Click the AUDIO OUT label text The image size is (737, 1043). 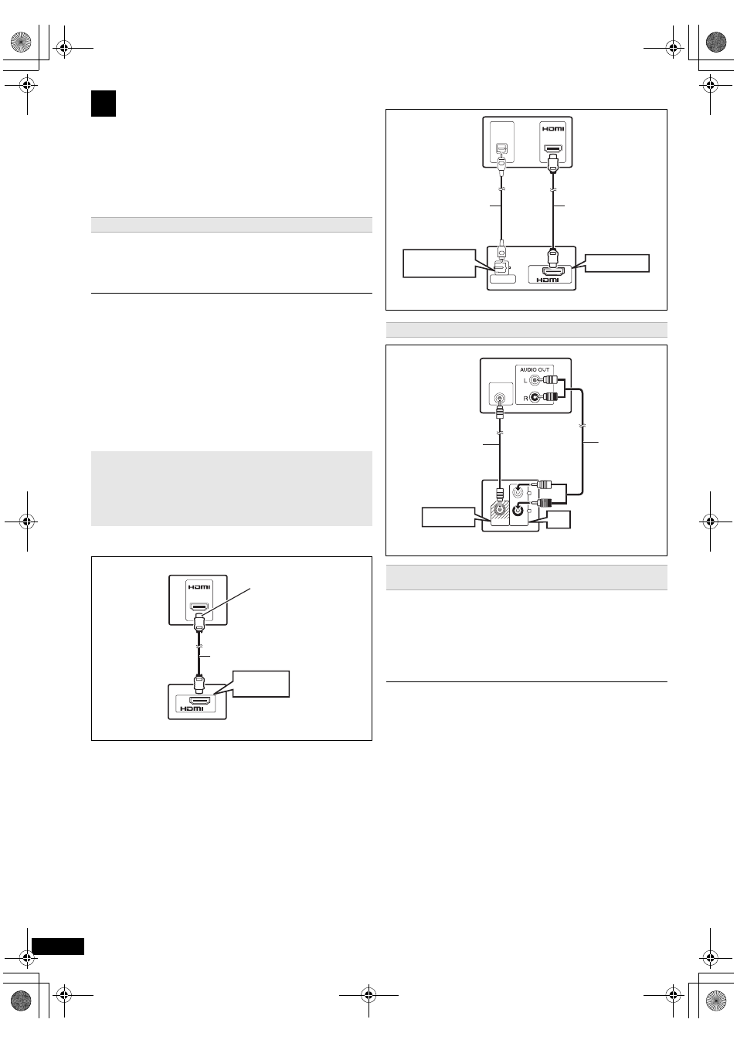tap(535, 369)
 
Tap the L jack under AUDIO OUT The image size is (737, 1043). tap(535, 380)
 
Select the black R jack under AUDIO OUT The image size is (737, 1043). tap(535, 397)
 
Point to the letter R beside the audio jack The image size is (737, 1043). tap(525, 398)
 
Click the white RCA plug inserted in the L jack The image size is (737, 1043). tap(549, 380)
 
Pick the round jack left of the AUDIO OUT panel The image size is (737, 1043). tap(500, 399)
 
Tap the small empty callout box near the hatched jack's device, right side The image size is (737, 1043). tap(559, 519)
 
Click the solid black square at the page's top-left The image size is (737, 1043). tap(104, 104)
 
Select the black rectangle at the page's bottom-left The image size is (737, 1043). tap(58, 946)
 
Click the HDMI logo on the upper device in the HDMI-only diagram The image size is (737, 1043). tap(199, 586)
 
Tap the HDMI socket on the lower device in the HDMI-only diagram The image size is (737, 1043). tap(199, 700)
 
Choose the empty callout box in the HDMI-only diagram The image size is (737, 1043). tap(261, 684)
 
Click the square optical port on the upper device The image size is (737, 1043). tap(501, 148)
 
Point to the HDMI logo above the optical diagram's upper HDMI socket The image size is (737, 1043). tap(553, 128)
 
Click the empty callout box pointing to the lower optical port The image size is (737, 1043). tap(439, 263)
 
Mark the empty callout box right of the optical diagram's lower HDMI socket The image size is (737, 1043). tap(617, 263)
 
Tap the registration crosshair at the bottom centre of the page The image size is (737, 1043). tap(368, 996)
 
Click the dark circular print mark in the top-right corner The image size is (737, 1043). tap(715, 42)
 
